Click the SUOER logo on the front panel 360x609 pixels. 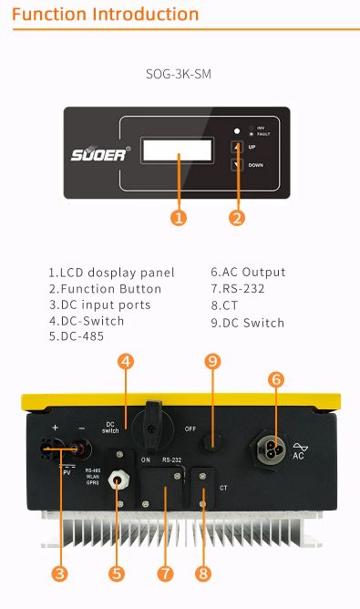pos(100,153)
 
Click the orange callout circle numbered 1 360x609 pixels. pos(179,217)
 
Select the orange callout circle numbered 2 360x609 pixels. pos(238,217)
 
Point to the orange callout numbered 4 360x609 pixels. pos(126,361)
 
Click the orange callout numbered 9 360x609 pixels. pos(213,361)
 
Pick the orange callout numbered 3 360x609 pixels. pos(59,573)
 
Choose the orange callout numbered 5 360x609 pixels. pos(117,573)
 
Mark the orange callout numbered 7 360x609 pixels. pos(165,573)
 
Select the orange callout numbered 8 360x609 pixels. pos(202,573)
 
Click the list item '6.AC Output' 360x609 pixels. pos(248,272)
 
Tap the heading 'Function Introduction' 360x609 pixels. pos(106,15)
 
